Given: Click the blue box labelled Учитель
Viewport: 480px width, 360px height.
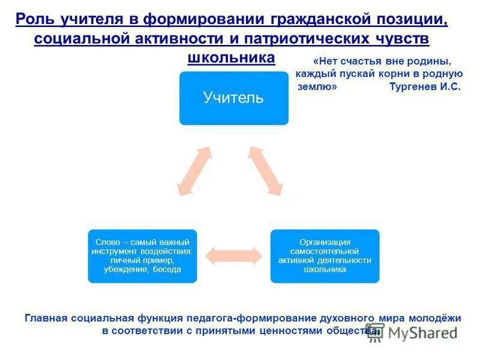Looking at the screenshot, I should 233,98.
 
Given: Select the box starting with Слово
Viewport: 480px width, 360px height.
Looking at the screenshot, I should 143,256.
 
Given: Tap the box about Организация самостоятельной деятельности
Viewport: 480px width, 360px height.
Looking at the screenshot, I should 325,256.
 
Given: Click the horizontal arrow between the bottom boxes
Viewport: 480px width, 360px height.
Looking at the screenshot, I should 234,256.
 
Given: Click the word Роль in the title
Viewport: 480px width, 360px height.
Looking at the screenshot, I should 35,19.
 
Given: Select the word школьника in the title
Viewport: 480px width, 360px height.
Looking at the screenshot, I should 231,57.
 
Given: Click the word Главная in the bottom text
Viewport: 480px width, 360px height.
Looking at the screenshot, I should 45,318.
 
